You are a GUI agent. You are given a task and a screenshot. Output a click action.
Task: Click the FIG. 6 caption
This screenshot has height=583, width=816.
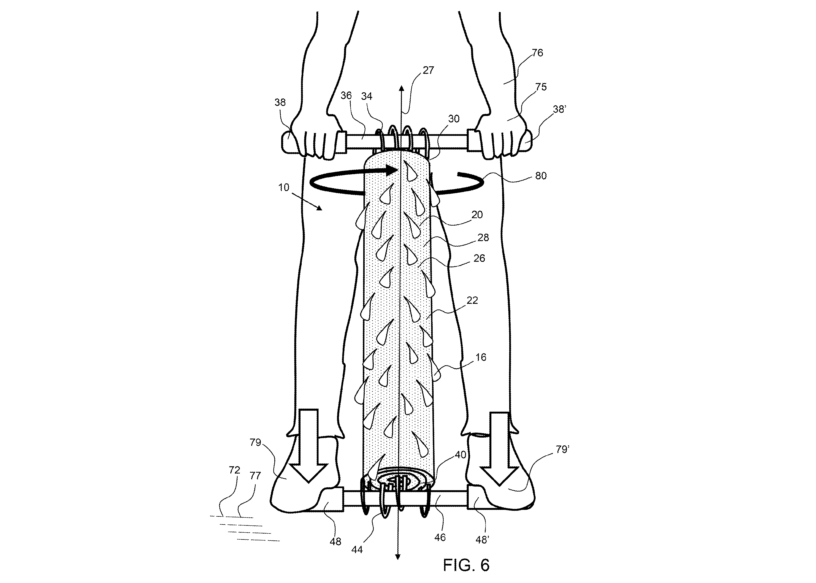pyautogui.click(x=466, y=565)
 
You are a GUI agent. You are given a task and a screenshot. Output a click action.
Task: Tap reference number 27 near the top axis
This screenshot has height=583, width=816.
pyautogui.click(x=428, y=70)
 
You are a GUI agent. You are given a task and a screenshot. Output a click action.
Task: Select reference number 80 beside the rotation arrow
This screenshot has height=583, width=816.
pyautogui.click(x=541, y=176)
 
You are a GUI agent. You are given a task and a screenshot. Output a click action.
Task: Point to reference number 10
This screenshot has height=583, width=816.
pyautogui.click(x=284, y=187)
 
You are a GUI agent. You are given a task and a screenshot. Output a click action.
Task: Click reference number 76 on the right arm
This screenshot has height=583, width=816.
pyautogui.click(x=537, y=53)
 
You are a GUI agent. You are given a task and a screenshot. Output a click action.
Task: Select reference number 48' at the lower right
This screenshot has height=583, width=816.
pyautogui.click(x=482, y=550)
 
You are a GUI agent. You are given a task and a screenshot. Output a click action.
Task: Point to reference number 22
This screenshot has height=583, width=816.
pyautogui.click(x=472, y=300)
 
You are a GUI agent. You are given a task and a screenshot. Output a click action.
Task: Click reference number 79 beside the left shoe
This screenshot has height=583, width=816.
pyautogui.click(x=255, y=442)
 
